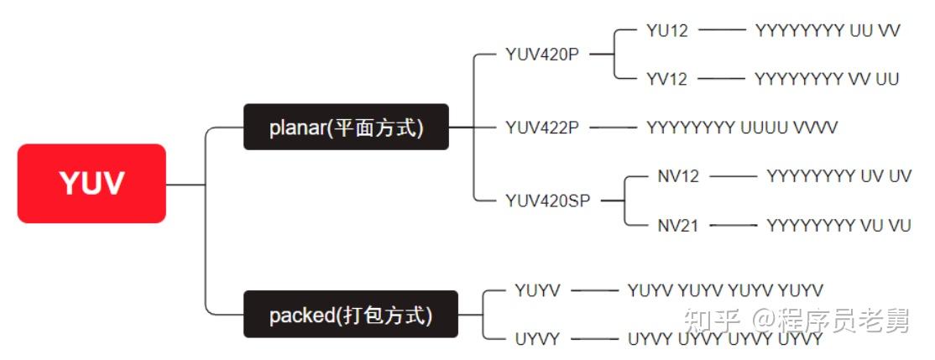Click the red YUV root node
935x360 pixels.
pos(91,183)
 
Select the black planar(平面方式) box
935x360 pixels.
pos(346,128)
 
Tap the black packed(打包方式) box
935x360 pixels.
pos(351,315)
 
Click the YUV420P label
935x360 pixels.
pos(542,55)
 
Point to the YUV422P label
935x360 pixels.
pos(542,128)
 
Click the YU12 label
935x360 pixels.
pos(667,31)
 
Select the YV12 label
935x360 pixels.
pos(667,79)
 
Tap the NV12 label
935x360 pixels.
pos(678,176)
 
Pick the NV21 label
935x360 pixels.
pos(678,225)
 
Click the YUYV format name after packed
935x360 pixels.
pos(538,290)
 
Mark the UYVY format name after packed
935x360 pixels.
pos(538,339)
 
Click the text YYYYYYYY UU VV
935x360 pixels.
pos(828,31)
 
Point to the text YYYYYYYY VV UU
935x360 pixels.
pos(827,79)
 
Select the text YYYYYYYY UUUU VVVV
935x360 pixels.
pos(742,128)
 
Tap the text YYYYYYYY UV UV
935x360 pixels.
pos(838,176)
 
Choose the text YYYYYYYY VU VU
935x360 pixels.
pos(838,225)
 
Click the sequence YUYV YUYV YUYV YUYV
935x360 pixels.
pos(725,290)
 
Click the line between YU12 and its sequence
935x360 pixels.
pos(722,31)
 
